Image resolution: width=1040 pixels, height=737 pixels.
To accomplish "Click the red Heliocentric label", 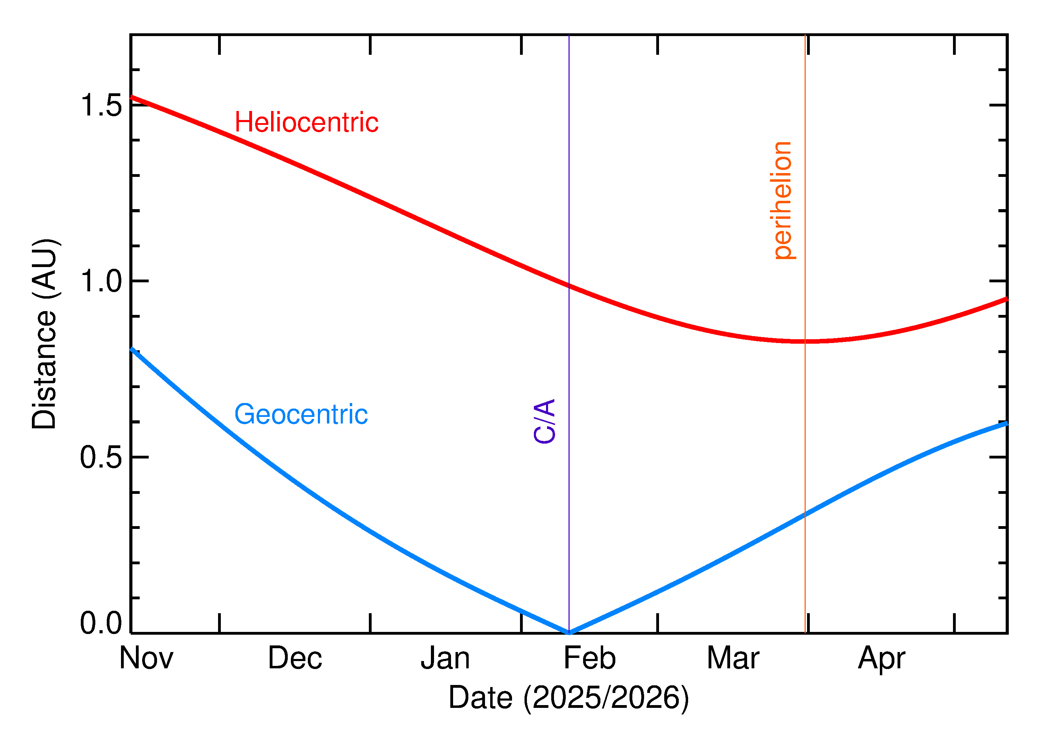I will pos(306,122).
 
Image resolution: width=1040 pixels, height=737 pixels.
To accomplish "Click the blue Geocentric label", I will pos(301,414).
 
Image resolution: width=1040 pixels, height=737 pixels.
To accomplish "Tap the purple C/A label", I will pos(545,421).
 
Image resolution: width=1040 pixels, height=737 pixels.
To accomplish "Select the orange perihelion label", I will pos(783,200).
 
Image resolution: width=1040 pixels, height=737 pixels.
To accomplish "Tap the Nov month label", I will pos(146,658).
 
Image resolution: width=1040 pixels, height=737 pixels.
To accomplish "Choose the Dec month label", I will pos(295,658).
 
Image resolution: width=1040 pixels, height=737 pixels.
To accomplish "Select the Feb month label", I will pos(590,658).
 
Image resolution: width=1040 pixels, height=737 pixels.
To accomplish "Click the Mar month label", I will pos(733,658).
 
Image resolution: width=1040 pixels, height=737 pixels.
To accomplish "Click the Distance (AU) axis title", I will pos(44,334).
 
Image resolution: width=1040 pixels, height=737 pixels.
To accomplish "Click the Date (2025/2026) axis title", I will pos(569,697).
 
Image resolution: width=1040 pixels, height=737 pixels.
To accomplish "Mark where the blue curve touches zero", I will pos(569,633).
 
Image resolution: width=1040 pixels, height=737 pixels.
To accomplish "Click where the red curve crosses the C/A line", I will pos(569,285).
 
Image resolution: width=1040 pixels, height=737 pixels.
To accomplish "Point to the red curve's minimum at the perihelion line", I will pos(805,341).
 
